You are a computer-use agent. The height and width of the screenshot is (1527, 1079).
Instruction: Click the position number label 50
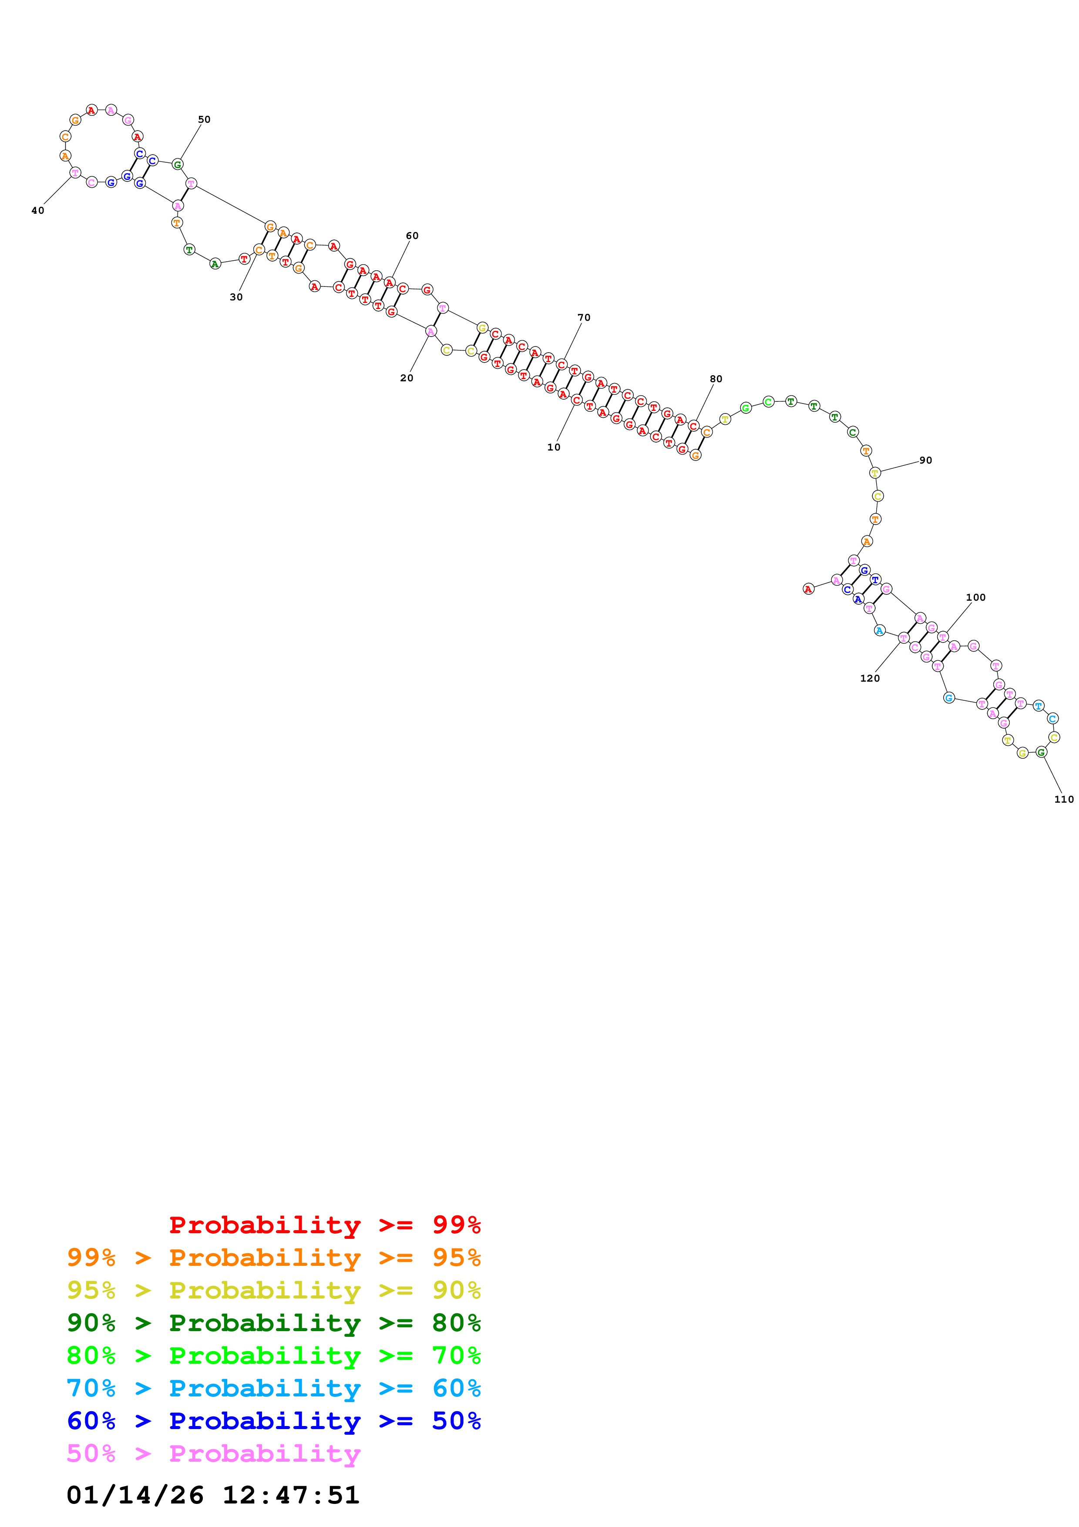pos(204,120)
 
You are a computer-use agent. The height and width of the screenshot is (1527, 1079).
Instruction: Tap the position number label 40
pos(38,211)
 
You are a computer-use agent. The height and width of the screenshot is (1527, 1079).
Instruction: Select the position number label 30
pos(236,297)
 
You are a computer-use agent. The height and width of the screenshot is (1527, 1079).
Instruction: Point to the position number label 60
pos(412,235)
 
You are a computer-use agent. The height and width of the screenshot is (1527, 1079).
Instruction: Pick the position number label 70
pos(584,317)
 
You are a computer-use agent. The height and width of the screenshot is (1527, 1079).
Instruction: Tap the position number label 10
pos(554,447)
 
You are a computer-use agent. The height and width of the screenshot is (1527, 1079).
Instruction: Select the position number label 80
pos(716,379)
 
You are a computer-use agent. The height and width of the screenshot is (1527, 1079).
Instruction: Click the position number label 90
pos(925,460)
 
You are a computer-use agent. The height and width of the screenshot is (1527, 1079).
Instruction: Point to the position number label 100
pos(975,597)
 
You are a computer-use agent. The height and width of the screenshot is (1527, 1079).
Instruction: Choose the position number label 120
pos(870,678)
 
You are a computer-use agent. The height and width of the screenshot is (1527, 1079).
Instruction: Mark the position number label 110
pos(1064,800)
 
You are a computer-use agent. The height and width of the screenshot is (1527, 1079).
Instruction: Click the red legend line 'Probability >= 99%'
pos(324,1224)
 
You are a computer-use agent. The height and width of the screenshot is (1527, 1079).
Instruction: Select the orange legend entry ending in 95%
pos(274,1257)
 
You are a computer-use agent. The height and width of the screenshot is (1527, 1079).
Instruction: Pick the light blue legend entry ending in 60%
pos(274,1388)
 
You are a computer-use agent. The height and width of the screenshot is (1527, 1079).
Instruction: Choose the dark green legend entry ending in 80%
pos(274,1323)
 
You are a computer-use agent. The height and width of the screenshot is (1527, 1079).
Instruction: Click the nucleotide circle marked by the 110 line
pos(1041,752)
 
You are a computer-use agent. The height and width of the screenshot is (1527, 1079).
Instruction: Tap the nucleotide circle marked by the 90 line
pos(875,473)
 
